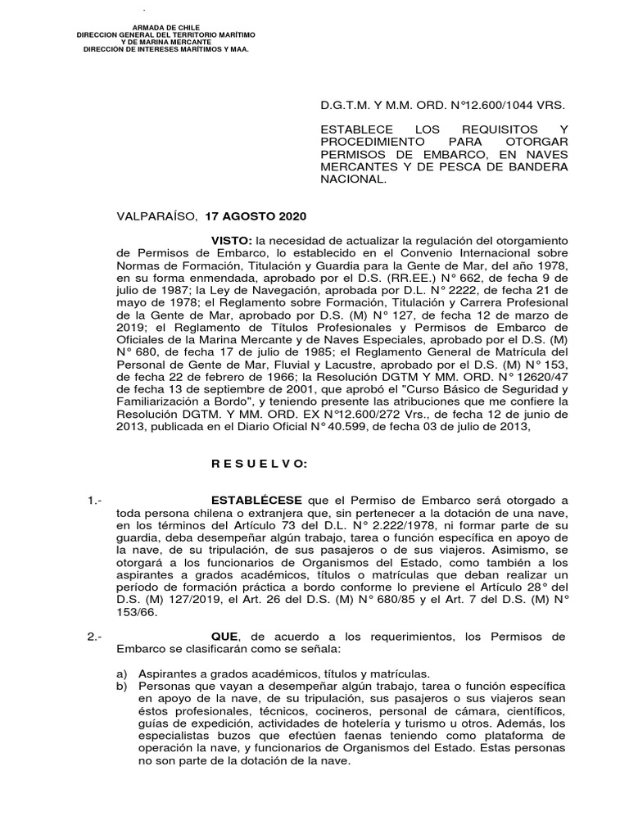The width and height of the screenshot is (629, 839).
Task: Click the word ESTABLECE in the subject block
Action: [353, 130]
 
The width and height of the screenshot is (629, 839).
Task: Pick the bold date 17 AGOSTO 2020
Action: [255, 216]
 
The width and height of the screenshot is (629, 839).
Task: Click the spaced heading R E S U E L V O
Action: [259, 465]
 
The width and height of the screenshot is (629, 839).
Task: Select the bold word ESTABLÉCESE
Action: [256, 500]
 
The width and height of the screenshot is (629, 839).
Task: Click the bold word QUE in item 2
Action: [225, 637]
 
